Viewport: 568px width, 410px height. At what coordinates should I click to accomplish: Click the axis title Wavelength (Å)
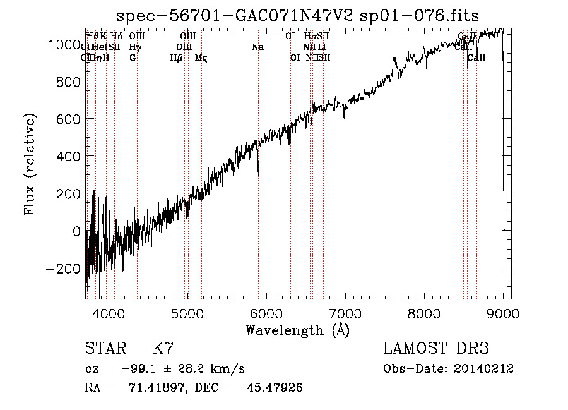point(297,330)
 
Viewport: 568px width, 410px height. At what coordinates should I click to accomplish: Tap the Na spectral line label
point(257,47)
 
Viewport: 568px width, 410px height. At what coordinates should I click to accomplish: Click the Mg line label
point(201,58)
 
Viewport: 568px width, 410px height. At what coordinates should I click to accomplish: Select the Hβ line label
point(177,58)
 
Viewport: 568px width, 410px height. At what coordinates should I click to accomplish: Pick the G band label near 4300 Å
point(133,58)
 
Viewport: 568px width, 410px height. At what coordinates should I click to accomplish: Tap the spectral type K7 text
point(163,349)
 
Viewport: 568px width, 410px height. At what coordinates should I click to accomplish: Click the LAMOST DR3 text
point(436,349)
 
